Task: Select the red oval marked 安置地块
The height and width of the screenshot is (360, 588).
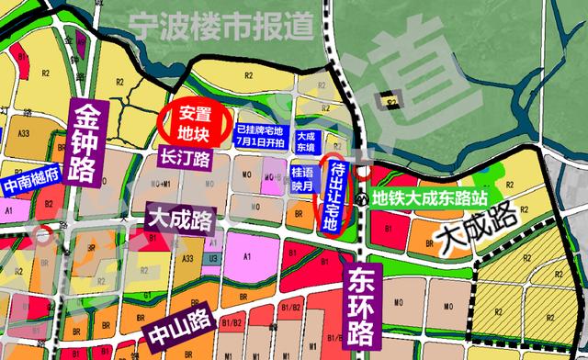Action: coord(193,123)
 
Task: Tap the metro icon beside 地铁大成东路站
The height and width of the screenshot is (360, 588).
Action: coord(365,196)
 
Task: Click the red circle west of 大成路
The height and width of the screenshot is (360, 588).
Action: coord(43,232)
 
